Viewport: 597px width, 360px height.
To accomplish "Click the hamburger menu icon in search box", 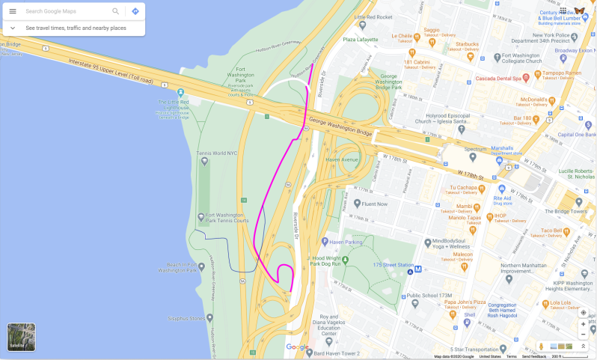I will [13, 11].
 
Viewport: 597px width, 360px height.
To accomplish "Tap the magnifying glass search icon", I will [115, 11].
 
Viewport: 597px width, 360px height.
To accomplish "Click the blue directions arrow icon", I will [135, 11].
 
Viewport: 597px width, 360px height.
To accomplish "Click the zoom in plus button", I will [583, 325].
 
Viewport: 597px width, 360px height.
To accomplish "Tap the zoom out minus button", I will [583, 335].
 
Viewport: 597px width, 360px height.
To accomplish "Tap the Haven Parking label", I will [346, 241].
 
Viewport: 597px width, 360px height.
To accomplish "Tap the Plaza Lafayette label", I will [360, 39].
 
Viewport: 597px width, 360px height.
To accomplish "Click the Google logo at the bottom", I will [297, 347].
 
